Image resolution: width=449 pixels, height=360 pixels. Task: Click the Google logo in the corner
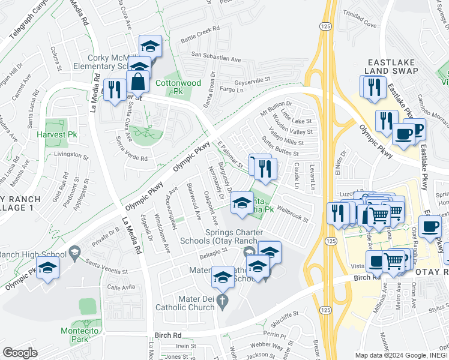pos(20,353)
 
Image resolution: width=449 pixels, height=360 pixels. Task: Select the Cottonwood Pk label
pos(169,88)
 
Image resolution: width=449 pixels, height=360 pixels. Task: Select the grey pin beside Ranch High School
pos(74,250)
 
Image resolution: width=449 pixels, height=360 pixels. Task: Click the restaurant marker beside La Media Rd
pos(113,89)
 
